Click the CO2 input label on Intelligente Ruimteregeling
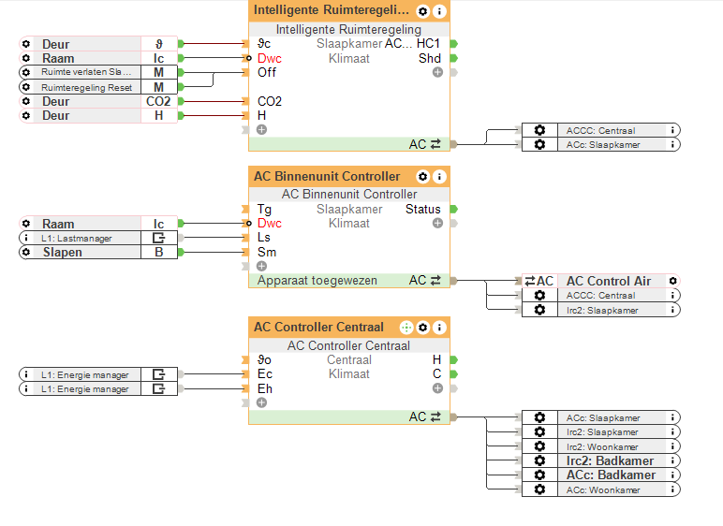pos(270,101)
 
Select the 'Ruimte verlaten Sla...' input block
pos(86,72)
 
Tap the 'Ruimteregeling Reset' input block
pos(86,87)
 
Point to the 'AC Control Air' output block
pos(608,281)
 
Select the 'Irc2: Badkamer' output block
pos(610,460)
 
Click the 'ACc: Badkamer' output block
pos(610,475)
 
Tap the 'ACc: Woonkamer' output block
pos(610,489)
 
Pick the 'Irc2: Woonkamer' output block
pos(610,446)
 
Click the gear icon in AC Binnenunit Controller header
pos(422,176)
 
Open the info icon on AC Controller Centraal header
pos(439,328)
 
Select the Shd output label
pos(429,58)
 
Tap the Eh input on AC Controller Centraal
pos(265,388)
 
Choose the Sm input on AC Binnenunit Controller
pos(267,252)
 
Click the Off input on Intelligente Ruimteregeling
pos(267,72)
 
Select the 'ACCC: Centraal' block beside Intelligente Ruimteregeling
pos(610,130)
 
